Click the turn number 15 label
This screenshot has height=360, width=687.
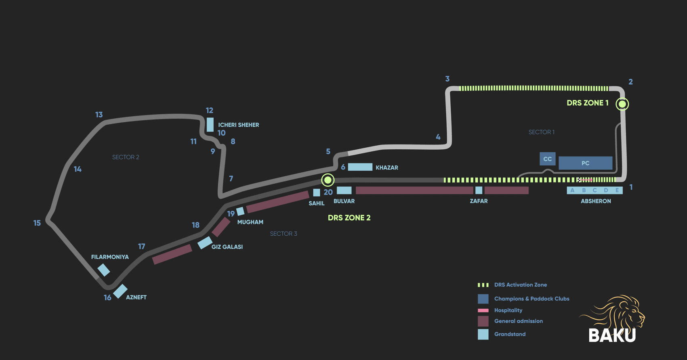pos(37,223)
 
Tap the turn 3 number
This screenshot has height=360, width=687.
pos(447,79)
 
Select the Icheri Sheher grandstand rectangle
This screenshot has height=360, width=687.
pos(210,125)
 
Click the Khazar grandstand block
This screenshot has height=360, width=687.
pos(360,167)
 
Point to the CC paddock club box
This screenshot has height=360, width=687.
pos(547,159)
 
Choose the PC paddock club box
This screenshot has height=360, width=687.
pos(585,163)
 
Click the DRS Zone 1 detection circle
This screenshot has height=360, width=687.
pos(622,104)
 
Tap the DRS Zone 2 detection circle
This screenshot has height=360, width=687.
pos(328,180)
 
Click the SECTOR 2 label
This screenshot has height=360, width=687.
pos(126,157)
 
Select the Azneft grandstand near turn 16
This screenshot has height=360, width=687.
pos(120,291)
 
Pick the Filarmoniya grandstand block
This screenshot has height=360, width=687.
pos(104,270)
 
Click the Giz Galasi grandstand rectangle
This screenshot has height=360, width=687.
pos(205,243)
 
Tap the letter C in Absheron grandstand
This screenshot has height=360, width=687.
pos(595,190)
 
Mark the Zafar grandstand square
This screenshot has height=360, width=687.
pos(479,190)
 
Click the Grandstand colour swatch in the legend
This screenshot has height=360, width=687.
pos(483,334)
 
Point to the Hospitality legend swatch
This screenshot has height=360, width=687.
pos(483,310)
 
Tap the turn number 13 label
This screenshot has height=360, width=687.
pos(99,115)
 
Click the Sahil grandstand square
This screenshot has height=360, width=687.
pos(317,193)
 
